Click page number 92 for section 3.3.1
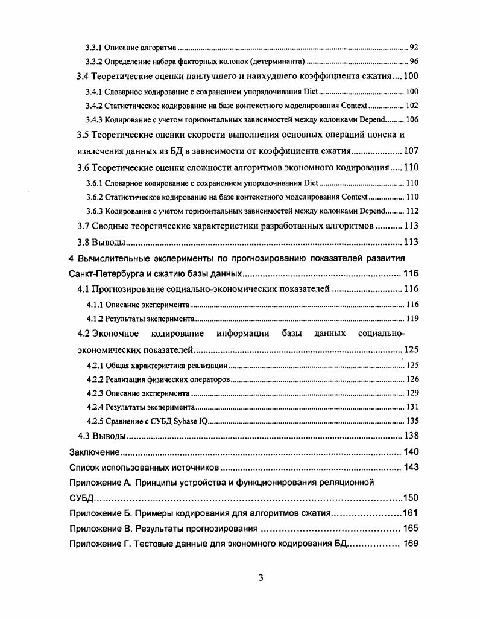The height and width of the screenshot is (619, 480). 414,47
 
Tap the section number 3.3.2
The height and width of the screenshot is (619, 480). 93,62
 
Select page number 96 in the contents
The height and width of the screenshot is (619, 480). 414,62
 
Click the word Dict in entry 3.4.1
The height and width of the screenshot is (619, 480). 311,92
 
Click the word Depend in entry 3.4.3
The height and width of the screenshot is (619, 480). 372,119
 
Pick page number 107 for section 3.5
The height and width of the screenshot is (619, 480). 411,151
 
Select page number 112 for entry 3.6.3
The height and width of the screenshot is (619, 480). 412,211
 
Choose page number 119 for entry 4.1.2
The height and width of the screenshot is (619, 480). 412,319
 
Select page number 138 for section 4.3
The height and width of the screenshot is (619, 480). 411,436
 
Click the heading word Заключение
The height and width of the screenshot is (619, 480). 93,452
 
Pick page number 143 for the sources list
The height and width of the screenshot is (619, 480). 411,467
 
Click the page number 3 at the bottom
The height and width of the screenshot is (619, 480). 261,578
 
